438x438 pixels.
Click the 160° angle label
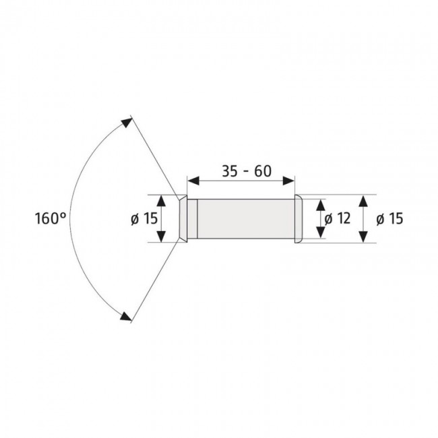pos(50,218)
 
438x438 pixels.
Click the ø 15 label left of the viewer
pos(142,218)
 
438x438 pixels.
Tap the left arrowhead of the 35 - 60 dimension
pos(192,181)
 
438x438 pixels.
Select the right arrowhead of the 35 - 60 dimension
pos(290,181)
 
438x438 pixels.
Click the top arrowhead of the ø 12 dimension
pos(321,204)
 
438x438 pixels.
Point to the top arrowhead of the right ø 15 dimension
pos(364,200)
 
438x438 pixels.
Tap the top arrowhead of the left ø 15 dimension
pos(162,200)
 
